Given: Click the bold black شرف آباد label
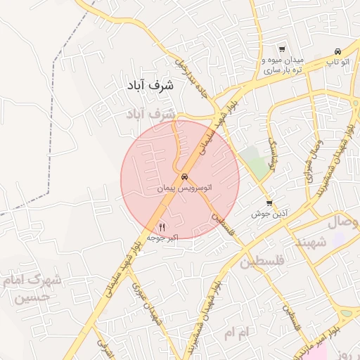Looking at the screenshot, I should coord(150,85).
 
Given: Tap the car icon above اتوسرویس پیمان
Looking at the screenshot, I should coord(185,177).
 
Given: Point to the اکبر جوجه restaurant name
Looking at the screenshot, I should coord(162,238).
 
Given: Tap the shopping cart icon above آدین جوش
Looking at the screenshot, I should coord(269,202).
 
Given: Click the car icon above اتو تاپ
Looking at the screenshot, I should coord(338,51).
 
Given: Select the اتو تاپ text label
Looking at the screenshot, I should coord(337,62).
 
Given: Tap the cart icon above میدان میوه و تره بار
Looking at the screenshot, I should coord(281,49).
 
